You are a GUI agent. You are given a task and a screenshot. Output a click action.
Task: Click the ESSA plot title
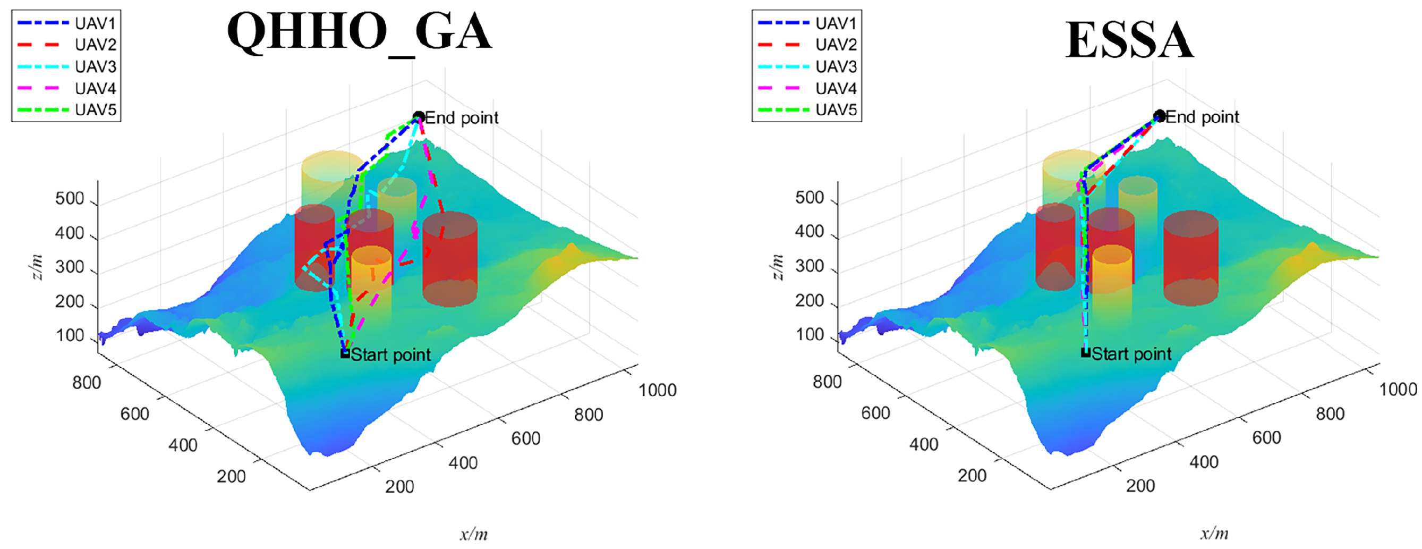pyautogui.click(x=1129, y=40)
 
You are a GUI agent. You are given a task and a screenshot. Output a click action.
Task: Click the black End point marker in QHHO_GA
pyautogui.click(x=419, y=116)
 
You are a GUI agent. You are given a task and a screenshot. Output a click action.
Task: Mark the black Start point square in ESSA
pyautogui.click(x=1085, y=353)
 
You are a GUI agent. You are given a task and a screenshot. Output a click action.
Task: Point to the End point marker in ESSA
pyautogui.click(x=1159, y=116)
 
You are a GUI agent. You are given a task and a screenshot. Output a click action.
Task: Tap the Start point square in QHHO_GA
pyautogui.click(x=345, y=354)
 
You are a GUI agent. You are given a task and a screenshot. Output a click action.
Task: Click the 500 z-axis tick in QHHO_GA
pyautogui.click(x=70, y=199)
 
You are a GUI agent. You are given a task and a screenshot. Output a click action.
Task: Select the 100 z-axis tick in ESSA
pyautogui.click(x=810, y=335)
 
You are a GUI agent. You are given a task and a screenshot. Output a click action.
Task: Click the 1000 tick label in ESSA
pyautogui.click(x=1398, y=390)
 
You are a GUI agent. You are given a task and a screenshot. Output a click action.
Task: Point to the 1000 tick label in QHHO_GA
pyautogui.click(x=658, y=390)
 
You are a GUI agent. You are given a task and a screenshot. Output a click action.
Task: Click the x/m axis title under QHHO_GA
pyautogui.click(x=474, y=534)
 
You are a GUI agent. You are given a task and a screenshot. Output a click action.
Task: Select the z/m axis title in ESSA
pyautogui.click(x=778, y=267)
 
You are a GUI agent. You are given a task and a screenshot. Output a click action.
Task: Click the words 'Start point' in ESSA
pyautogui.click(x=1131, y=353)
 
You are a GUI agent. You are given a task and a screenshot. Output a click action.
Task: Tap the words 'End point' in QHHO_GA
pyautogui.click(x=462, y=117)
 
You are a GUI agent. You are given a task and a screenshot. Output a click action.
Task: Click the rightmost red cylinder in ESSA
pyautogui.click(x=1191, y=258)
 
